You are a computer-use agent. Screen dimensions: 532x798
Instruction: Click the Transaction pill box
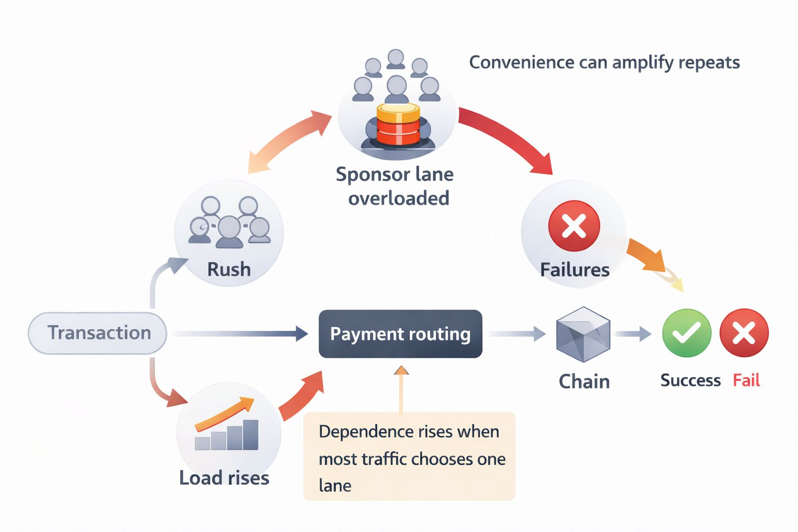point(98,333)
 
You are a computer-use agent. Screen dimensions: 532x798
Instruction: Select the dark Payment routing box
point(400,334)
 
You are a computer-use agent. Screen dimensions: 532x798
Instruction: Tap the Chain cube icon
point(583,334)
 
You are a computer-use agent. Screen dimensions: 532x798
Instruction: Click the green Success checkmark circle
point(686,333)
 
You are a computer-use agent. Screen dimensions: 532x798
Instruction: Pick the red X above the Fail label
point(743,333)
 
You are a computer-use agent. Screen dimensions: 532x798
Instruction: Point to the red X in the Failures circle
point(574,226)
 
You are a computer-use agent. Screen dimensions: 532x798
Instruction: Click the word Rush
point(229,270)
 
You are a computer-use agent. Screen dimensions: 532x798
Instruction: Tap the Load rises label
point(224,478)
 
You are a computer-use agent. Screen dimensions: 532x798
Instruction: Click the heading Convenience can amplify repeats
point(604,62)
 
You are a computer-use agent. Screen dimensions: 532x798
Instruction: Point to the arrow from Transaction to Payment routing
point(239,334)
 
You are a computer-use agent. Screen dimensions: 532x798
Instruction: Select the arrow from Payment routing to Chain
point(517,334)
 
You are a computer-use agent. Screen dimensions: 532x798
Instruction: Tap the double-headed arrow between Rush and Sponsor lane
point(289,141)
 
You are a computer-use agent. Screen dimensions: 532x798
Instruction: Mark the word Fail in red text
point(746,380)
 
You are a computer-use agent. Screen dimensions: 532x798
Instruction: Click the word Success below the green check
point(690,380)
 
